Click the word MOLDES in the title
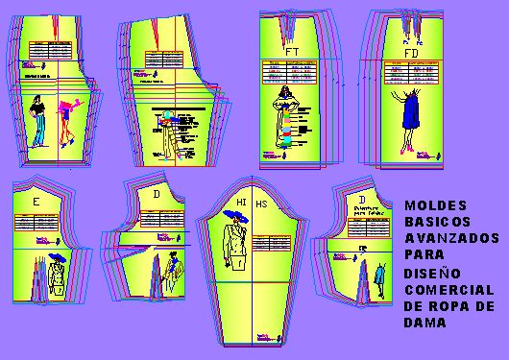point(426,204)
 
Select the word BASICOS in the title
point(431,220)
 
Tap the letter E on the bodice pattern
point(36,203)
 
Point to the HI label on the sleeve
point(241,202)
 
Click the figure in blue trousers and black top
point(37,120)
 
